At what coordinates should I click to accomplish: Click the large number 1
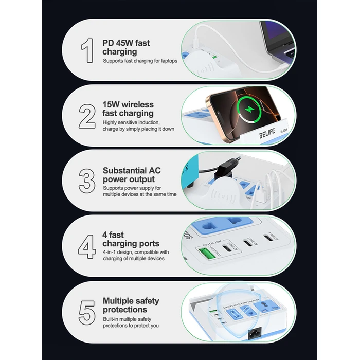point(87,50)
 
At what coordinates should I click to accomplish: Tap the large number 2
point(87,116)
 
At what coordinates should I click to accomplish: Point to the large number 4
point(86,246)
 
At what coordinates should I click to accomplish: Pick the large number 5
point(86,312)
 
